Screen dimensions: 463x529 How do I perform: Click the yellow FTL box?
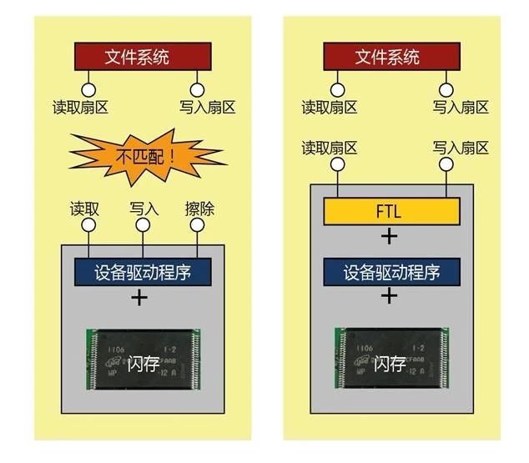(390, 211)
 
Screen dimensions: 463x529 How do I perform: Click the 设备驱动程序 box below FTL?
(390, 272)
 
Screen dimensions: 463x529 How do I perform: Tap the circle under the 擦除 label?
(197, 225)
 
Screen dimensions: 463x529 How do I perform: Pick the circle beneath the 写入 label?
(143, 225)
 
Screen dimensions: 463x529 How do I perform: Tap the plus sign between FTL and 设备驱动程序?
(389, 237)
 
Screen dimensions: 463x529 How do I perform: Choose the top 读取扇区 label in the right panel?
(329, 107)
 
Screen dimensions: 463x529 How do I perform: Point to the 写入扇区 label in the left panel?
(207, 107)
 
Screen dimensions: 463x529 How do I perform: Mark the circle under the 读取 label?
(88, 225)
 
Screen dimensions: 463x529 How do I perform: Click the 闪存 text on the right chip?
(390, 365)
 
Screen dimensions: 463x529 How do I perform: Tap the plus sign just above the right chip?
(389, 298)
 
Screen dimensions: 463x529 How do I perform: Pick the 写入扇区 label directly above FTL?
(461, 148)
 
